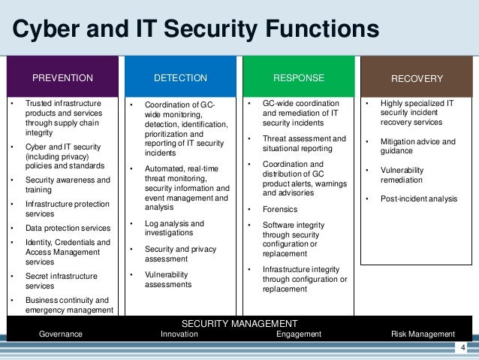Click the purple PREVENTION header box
pyautogui.click(x=62, y=77)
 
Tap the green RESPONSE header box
pyautogui.click(x=299, y=77)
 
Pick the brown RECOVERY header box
pyautogui.click(x=417, y=78)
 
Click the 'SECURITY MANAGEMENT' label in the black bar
pyautogui.click(x=239, y=323)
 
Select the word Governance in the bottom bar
pyautogui.click(x=61, y=334)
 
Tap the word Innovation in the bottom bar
pyautogui.click(x=179, y=334)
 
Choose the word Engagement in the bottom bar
pyautogui.click(x=299, y=334)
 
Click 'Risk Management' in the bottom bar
pyautogui.click(x=423, y=334)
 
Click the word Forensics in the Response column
pyautogui.click(x=281, y=209)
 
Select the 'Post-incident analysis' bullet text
pyautogui.click(x=418, y=198)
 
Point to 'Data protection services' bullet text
pyautogui.click(x=68, y=228)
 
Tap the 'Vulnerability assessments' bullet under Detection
pyautogui.click(x=167, y=280)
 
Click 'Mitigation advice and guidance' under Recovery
pyautogui.click(x=418, y=146)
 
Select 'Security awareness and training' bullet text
pyautogui.click(x=68, y=185)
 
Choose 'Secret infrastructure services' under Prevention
pyautogui.click(x=62, y=281)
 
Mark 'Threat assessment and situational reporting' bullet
pyautogui.click(x=304, y=144)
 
